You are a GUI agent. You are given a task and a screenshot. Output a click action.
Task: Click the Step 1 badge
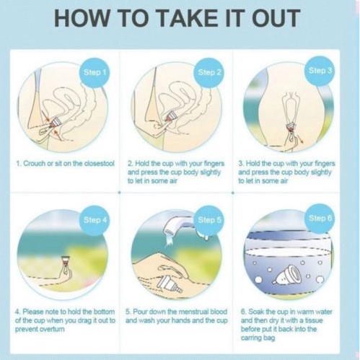coord(95,72)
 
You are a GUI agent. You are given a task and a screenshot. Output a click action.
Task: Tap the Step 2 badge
coord(209,72)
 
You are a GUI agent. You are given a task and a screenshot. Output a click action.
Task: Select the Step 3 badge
coord(320,71)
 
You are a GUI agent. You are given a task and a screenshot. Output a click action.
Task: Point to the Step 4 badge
coord(95,220)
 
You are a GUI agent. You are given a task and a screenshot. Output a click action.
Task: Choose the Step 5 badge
coord(209,220)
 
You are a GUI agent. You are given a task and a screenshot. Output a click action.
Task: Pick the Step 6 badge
coord(320,219)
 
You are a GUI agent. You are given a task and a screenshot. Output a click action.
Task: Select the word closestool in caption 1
coord(98,164)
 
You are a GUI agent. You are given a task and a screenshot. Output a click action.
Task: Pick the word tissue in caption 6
coord(314,320)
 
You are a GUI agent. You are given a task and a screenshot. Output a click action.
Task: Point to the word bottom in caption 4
coord(105,312)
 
